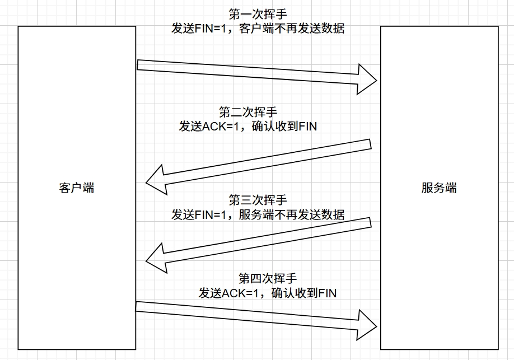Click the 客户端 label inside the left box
coord(76,188)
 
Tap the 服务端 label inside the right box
coord(439,188)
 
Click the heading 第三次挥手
coord(258,200)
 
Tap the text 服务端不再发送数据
coord(291,214)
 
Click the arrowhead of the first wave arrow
coord(367,79)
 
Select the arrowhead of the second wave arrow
coord(157,179)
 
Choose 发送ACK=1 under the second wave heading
coord(209,127)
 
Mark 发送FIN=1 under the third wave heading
coord(199,214)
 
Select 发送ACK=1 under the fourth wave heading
coord(228,292)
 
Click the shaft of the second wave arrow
coord(269,161)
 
